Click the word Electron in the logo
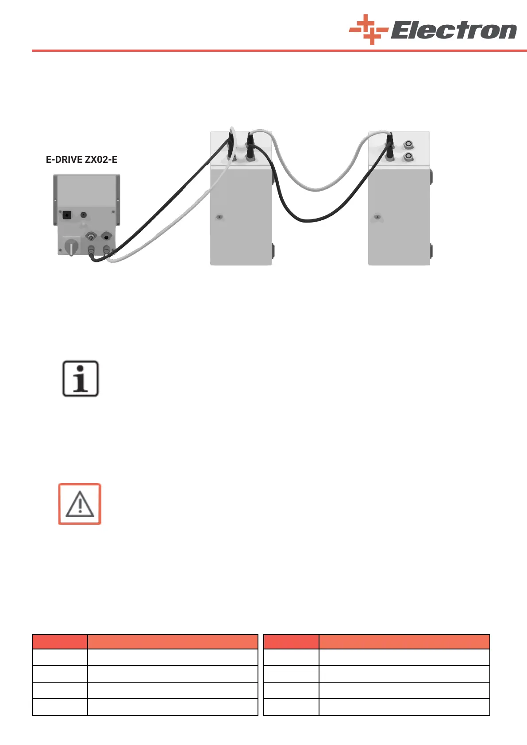(x=453, y=31)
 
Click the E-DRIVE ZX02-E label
(x=82, y=159)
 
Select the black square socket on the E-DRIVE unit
(x=67, y=215)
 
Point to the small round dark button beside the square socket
(x=83, y=215)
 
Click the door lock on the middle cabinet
(x=219, y=217)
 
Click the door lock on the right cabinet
(x=377, y=217)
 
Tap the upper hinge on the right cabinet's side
(x=431, y=177)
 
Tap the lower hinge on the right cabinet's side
(x=431, y=251)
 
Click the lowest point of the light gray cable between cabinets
(x=315, y=190)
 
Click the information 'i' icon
(x=80, y=379)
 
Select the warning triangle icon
(x=80, y=504)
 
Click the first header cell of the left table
(x=60, y=641)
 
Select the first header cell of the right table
(x=291, y=641)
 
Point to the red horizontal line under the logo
(x=279, y=51)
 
